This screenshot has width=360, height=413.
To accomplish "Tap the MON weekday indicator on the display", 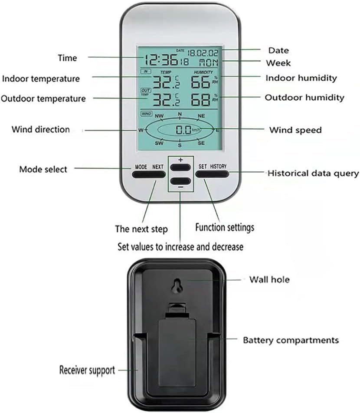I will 210,62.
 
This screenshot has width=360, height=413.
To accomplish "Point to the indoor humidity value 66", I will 199,81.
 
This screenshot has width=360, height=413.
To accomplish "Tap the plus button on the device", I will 180,167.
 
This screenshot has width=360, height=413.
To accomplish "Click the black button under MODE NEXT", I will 149,174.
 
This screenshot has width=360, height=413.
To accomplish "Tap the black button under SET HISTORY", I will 212,174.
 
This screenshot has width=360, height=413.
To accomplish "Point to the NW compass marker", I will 159,116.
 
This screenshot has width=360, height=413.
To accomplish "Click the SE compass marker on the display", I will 201,143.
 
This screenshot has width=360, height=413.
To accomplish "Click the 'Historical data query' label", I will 313,174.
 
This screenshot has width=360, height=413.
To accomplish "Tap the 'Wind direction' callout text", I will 40,129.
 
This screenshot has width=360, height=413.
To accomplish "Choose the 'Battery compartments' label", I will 291,340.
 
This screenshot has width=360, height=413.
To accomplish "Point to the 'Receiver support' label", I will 87,370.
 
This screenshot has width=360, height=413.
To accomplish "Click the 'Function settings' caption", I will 225,227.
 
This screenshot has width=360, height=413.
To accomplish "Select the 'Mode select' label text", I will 43,169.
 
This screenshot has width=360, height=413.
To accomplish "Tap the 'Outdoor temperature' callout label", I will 43,98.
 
